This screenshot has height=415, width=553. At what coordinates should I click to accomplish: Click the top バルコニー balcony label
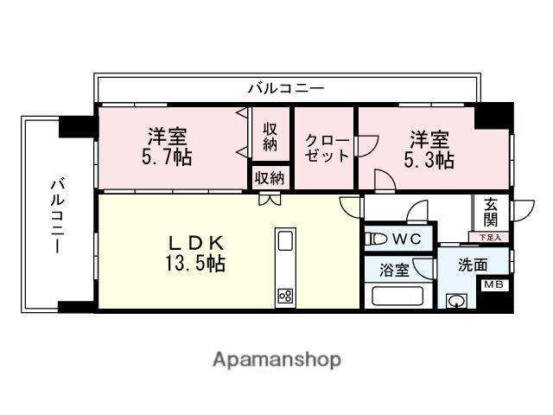286,88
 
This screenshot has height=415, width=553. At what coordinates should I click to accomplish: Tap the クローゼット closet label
326,147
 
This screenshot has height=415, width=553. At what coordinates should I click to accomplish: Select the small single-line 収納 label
270,178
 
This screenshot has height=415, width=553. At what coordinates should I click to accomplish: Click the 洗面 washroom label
473,265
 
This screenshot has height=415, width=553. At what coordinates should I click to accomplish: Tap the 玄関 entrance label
491,213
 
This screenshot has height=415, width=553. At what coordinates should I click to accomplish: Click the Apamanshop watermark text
276,359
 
